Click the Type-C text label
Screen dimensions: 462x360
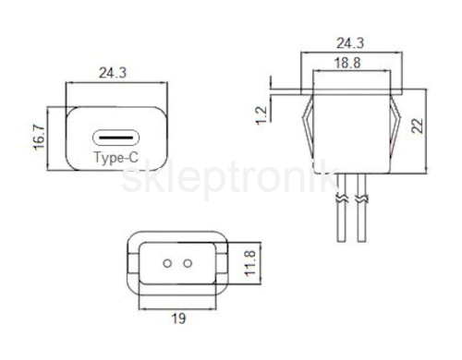116,158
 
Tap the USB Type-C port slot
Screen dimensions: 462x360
115,138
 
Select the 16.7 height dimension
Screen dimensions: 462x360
40,138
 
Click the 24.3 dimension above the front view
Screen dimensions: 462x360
113,73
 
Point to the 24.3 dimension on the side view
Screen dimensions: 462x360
350,43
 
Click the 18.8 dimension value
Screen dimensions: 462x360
347,63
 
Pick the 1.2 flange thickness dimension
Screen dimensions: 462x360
261,115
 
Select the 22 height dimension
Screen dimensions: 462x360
418,126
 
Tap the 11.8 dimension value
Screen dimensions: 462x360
249,263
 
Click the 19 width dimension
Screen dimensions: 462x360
178,318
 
